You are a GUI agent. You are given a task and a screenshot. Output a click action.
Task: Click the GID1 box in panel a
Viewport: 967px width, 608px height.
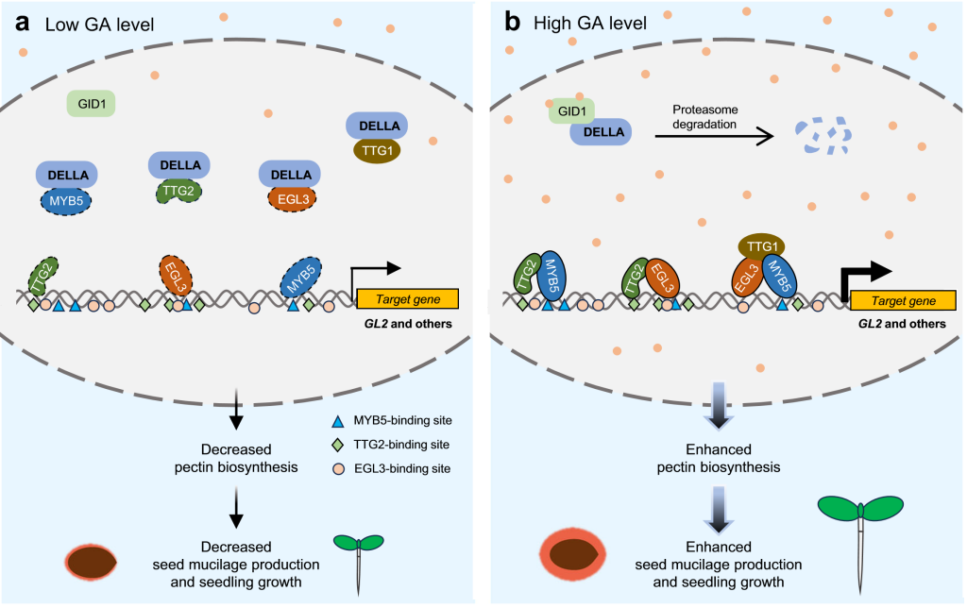pos(92,103)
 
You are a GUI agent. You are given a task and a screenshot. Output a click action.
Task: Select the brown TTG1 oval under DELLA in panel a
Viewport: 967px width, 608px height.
pos(377,150)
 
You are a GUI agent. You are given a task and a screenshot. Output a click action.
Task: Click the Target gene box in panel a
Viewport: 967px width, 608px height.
pos(408,299)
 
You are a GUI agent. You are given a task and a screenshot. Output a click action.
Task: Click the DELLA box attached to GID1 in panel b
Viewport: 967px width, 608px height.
pos(601,132)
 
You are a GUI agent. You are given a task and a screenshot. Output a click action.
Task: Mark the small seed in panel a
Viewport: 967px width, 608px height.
pos(91,561)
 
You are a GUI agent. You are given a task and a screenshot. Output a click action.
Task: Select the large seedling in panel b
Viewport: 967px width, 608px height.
pos(861,529)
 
